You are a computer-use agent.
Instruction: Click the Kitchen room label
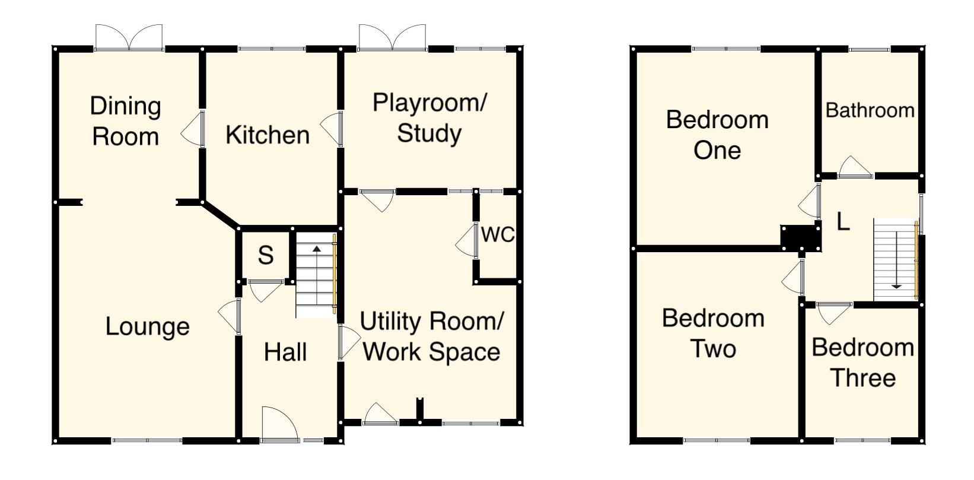(x=268, y=135)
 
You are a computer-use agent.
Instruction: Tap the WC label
(x=498, y=235)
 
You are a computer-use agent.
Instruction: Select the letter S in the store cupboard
(x=266, y=256)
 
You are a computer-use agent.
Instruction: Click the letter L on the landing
(x=843, y=222)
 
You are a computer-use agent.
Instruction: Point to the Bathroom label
(x=870, y=110)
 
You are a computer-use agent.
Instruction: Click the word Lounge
(x=147, y=327)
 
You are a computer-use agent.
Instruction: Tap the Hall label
(x=285, y=352)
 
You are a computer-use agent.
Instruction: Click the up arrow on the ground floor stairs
(x=317, y=249)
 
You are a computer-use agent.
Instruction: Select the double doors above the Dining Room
(x=129, y=38)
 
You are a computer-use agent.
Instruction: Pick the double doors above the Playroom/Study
(x=392, y=38)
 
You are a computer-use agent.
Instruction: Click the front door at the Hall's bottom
(x=279, y=424)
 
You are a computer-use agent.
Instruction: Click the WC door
(x=468, y=240)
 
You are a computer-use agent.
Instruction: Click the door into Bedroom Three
(x=833, y=313)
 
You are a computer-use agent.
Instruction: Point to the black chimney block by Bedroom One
(x=801, y=237)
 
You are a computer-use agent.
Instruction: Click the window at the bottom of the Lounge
(x=147, y=440)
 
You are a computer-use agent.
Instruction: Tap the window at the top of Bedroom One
(x=725, y=49)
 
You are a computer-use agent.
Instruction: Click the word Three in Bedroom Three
(x=862, y=378)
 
